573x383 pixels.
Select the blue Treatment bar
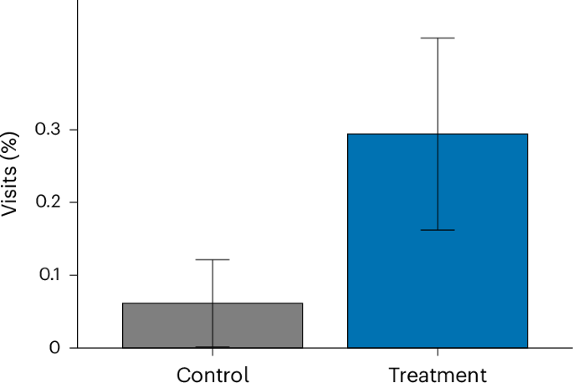(437, 251)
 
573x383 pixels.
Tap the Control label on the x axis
(212, 374)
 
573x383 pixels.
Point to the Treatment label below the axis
(437, 374)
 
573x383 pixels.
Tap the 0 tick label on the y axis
(55, 348)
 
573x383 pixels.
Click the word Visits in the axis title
(10, 195)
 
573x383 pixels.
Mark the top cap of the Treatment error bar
(437, 38)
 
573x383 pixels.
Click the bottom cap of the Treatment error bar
(437, 230)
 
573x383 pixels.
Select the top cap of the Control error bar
(212, 259)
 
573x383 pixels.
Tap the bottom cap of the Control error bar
(212, 347)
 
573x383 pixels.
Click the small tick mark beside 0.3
(74, 130)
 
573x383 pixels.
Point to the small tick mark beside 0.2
(74, 202)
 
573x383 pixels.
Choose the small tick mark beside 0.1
(74, 275)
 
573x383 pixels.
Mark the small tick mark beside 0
(74, 348)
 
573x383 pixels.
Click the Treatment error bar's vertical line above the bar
(437, 84)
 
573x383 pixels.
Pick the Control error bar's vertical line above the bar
(212, 281)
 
